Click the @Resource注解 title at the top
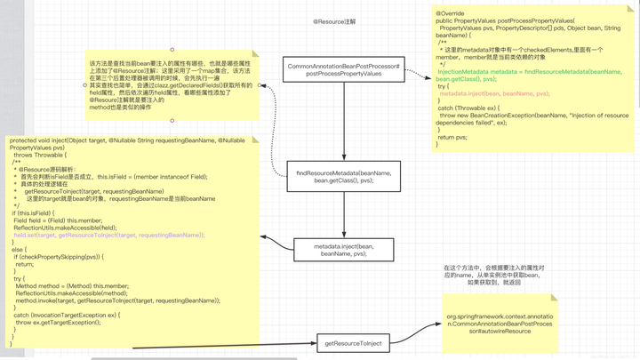tap(334, 22)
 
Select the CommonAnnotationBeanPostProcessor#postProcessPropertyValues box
tap(344, 69)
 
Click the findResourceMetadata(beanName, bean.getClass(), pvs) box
tap(343, 177)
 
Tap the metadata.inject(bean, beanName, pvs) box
tap(343, 250)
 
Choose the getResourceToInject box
tap(353, 343)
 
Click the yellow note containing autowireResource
tap(500, 324)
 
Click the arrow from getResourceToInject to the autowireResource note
tap(414, 334)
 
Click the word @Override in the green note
tap(451, 14)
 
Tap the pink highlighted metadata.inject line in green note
tap(494, 93)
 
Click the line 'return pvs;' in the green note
tap(452, 137)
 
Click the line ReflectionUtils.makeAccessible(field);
tap(58, 228)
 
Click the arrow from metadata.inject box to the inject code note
tap(276, 243)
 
